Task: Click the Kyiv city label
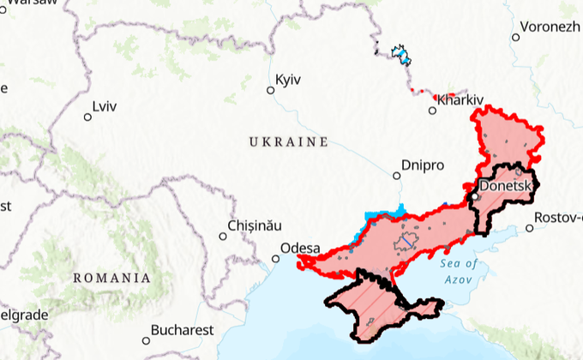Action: (x=289, y=80)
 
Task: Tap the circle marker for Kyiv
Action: (x=271, y=88)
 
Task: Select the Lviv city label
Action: (x=105, y=107)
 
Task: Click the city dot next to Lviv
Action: (x=87, y=117)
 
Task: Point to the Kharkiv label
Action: (x=460, y=100)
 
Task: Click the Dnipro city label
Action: (x=424, y=165)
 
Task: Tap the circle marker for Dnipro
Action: (x=396, y=176)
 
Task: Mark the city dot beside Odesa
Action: (x=276, y=257)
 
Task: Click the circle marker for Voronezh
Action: (x=516, y=37)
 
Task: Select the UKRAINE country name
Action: (x=289, y=141)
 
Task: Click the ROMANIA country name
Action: (x=111, y=278)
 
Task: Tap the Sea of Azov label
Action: (x=460, y=272)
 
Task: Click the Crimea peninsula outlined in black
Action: (x=377, y=304)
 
